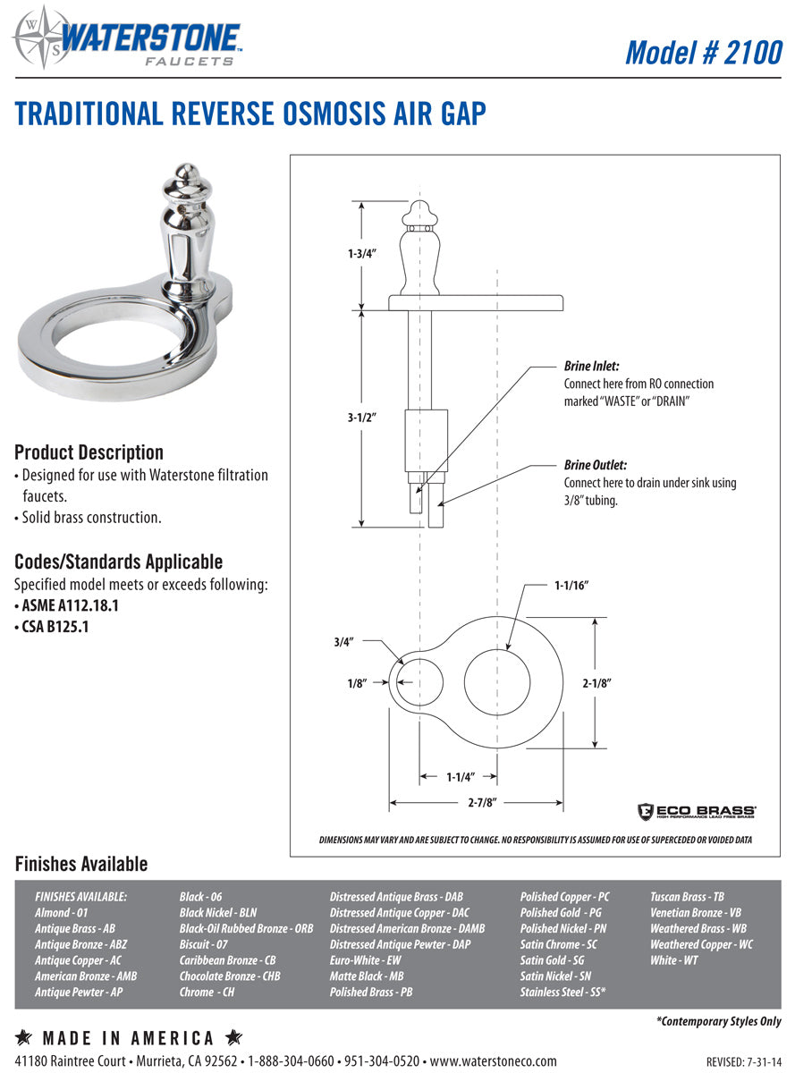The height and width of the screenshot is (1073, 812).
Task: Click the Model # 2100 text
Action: tap(703, 52)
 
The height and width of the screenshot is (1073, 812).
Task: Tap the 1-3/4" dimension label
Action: tap(362, 254)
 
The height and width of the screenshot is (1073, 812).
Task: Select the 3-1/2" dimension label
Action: tap(362, 417)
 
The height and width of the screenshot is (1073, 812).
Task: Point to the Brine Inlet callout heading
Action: tap(591, 367)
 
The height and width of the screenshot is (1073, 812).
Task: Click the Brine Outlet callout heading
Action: tap(595, 465)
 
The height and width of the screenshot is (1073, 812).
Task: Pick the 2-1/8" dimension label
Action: tap(596, 682)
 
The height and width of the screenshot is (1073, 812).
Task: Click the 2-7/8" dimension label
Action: tap(481, 802)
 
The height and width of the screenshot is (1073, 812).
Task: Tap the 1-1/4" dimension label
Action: tap(460, 777)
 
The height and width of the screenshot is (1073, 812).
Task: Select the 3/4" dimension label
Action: tap(343, 641)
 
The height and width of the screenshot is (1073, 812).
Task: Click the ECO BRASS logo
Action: tap(697, 811)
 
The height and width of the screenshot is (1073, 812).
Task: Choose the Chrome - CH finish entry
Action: tap(207, 992)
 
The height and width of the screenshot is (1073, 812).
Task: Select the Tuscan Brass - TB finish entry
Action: tap(687, 896)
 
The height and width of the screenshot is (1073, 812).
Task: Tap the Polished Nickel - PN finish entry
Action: tap(562, 928)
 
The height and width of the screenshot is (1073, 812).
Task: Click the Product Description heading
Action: tap(89, 452)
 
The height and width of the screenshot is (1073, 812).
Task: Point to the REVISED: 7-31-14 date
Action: tap(743, 1062)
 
